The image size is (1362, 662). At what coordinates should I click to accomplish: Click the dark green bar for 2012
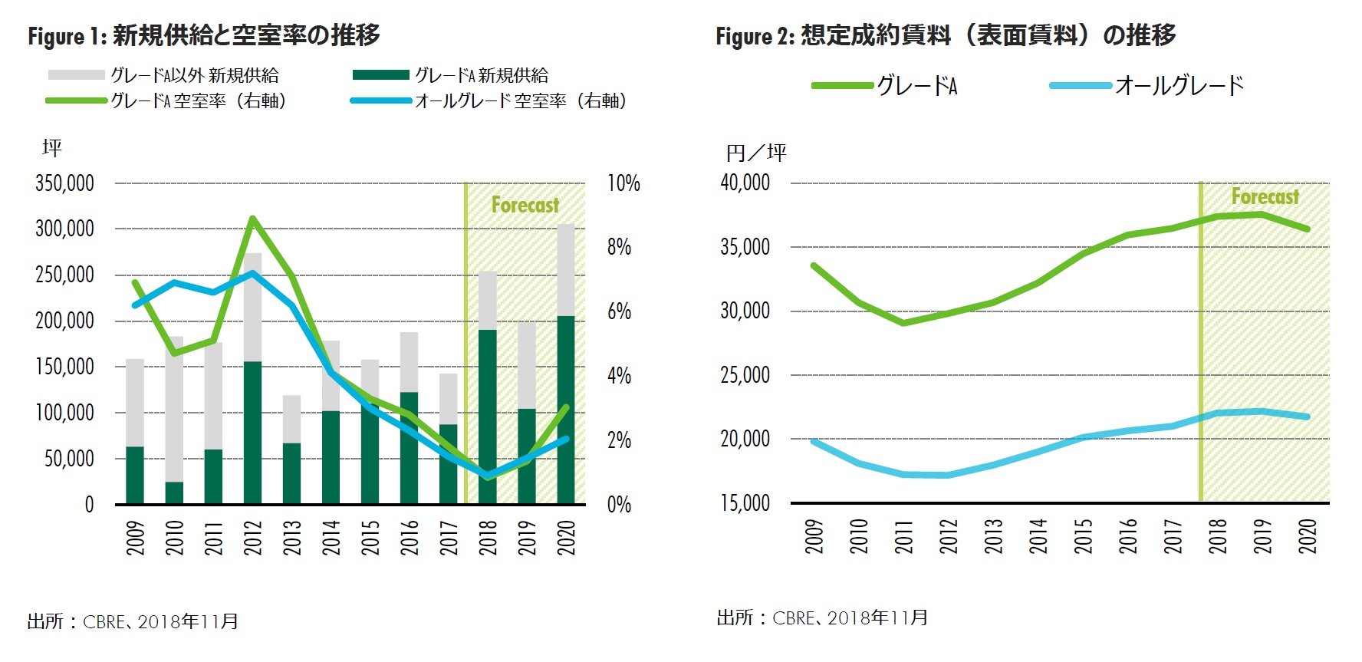[x=252, y=433]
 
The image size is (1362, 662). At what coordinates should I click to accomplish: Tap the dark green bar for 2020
[x=566, y=410]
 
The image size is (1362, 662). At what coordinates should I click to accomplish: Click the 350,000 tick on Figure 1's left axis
[x=65, y=183]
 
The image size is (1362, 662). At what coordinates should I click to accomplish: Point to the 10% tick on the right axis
[x=623, y=183]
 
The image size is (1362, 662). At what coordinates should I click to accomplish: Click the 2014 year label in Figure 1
[x=331, y=537]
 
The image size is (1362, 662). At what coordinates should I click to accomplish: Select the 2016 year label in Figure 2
[x=1129, y=535]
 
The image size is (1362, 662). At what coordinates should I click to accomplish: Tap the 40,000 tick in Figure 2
[x=745, y=183]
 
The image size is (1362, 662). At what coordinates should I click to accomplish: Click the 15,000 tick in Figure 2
[x=745, y=503]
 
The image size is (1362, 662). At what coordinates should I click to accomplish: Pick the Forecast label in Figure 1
[x=525, y=206]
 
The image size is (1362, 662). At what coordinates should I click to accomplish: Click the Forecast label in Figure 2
[x=1265, y=197]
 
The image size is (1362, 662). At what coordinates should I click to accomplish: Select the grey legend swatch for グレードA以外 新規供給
[x=76, y=75]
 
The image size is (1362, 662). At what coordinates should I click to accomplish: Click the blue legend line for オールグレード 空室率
[x=380, y=100]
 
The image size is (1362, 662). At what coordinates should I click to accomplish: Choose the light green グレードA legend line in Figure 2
[x=842, y=85]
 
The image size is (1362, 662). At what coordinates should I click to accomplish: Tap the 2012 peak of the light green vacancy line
[x=252, y=219]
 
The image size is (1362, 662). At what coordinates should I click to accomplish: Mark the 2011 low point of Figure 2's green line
[x=904, y=323]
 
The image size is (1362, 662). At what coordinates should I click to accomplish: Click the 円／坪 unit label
[x=756, y=153]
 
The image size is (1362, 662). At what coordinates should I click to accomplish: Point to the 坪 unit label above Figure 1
[x=52, y=148]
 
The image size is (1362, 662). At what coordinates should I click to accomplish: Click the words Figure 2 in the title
[x=755, y=36]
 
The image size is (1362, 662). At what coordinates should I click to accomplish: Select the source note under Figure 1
[x=133, y=621]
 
